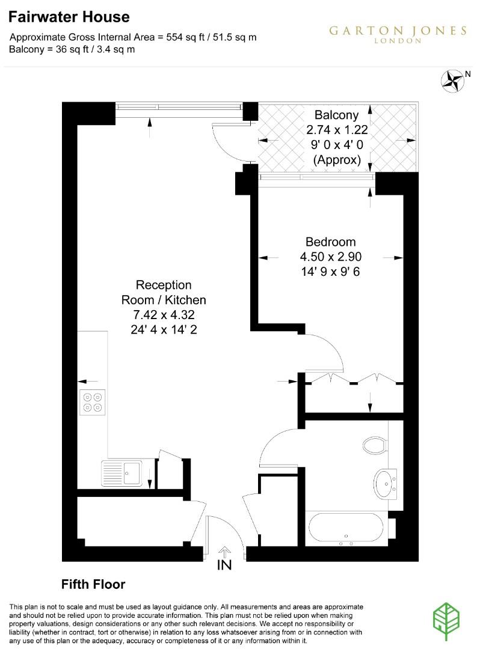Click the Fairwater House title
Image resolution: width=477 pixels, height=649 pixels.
69,17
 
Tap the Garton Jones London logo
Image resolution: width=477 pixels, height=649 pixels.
398,34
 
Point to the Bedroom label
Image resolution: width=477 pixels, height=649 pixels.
330,242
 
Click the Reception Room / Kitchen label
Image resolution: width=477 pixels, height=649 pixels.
164,292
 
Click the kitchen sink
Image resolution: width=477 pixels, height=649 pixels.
122,472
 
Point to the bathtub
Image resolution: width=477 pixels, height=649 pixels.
346,529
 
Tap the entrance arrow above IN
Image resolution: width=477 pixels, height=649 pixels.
224,550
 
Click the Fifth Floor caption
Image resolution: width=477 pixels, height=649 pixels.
93,584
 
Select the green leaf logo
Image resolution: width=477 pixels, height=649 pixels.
448,619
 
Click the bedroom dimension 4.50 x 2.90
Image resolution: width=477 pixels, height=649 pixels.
330,257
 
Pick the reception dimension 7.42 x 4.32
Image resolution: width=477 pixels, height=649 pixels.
164,314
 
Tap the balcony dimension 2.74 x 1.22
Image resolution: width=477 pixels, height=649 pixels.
336,130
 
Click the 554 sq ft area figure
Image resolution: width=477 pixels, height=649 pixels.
183,37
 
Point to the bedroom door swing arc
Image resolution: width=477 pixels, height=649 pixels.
331,352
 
